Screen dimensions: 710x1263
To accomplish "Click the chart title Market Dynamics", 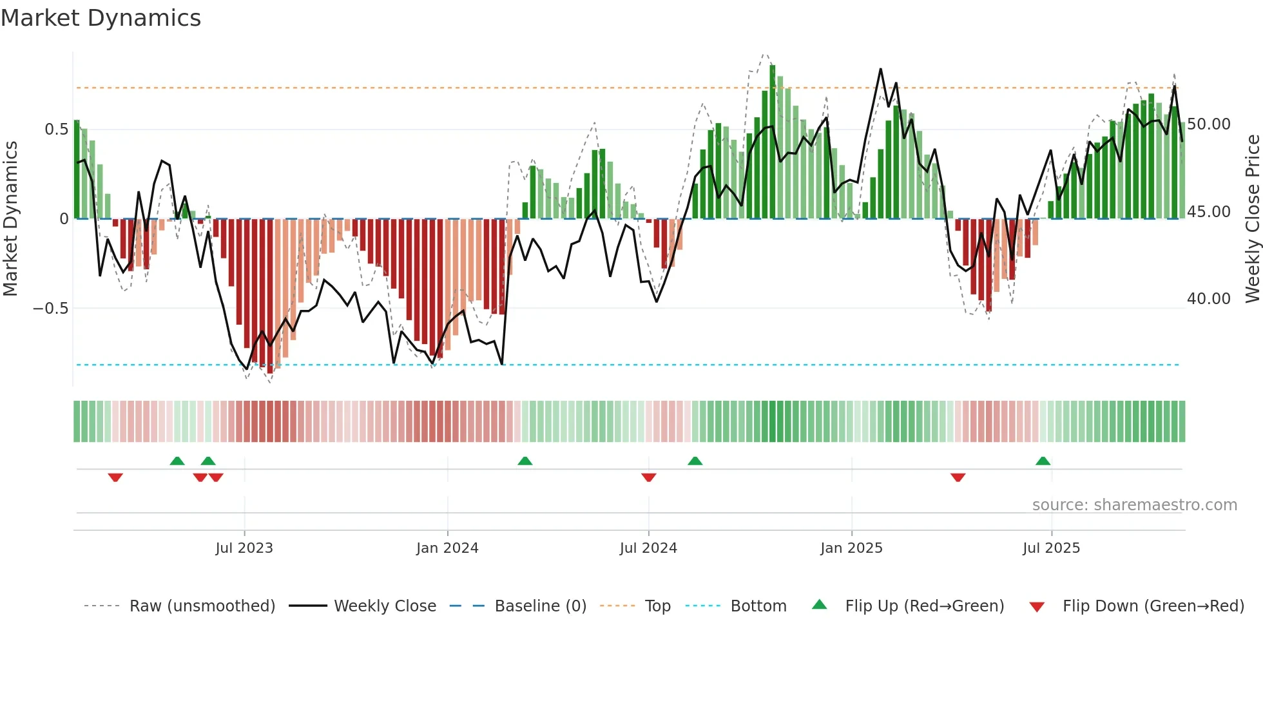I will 101,18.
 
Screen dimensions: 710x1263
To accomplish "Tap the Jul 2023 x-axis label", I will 244,548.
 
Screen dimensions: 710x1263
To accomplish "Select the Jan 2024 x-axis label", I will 447,548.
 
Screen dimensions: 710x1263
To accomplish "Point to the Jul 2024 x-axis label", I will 648,548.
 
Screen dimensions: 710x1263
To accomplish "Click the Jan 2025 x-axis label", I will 851,548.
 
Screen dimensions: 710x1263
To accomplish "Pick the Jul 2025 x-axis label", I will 1051,548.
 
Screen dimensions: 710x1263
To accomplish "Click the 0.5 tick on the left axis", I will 56,130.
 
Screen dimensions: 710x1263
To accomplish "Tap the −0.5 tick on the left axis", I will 51,309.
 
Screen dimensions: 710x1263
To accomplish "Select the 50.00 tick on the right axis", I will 1209,124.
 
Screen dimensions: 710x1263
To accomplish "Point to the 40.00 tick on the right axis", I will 1209,299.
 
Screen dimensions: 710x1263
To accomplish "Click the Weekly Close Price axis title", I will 1252,219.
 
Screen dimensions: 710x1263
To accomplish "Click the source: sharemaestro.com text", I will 1134,505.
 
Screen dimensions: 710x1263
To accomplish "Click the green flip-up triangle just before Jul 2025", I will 1043,461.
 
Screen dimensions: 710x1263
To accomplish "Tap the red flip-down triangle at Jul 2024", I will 649,477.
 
